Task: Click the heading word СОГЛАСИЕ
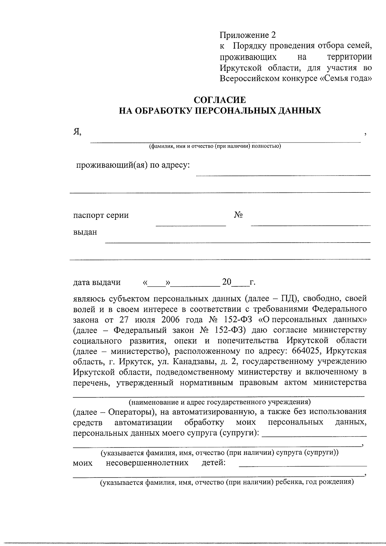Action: pyautogui.click(x=220, y=99)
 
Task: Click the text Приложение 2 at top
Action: pyautogui.click(x=248, y=35)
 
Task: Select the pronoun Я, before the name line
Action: pyautogui.click(x=77, y=131)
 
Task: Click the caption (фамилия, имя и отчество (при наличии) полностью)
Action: pyautogui.click(x=215, y=146)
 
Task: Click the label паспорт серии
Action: pyautogui.click(x=101, y=215)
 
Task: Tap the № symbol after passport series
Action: pyautogui.click(x=238, y=215)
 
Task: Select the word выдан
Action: pyautogui.click(x=85, y=232)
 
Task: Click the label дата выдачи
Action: pyautogui.click(x=97, y=282)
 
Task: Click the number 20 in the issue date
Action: pyautogui.click(x=227, y=282)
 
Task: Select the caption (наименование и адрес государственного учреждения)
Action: pyautogui.click(x=219, y=402)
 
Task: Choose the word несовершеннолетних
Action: pyautogui.click(x=147, y=463)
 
